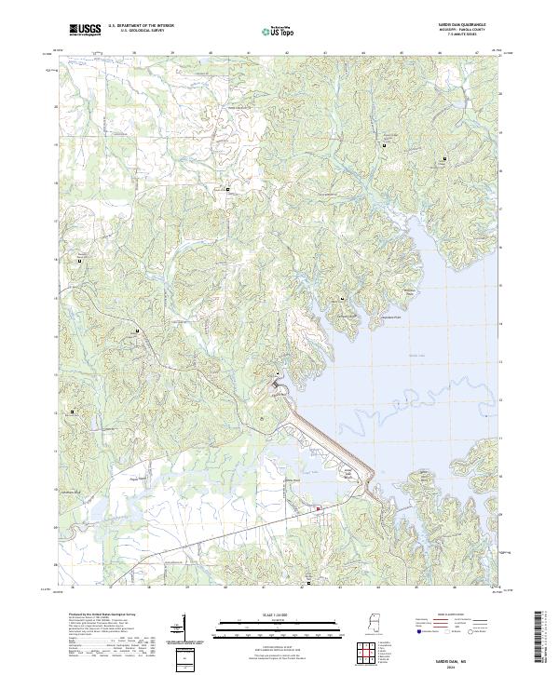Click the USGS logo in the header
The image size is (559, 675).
click(85, 30)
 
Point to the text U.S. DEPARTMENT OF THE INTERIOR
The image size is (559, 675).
click(141, 27)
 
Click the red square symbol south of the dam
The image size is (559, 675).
click(318, 507)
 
